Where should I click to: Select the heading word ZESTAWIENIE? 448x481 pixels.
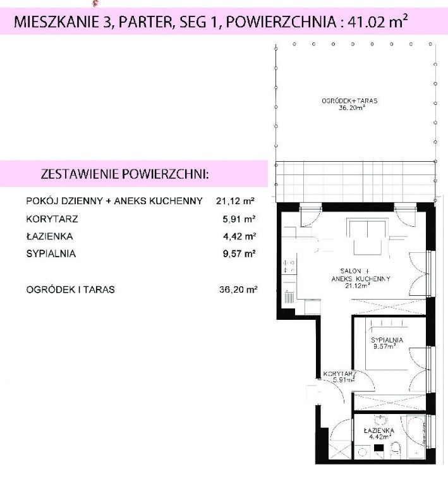pyautogui.click(x=80, y=174)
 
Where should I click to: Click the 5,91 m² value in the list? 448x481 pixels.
pyautogui.click(x=239, y=219)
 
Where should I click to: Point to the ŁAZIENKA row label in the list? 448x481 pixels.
pyautogui.click(x=49, y=236)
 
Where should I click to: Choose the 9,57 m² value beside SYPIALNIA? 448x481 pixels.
pyautogui.click(x=239, y=253)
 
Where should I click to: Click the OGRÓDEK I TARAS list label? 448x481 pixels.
pyautogui.click(x=71, y=289)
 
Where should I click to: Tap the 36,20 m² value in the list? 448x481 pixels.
pyautogui.click(x=238, y=289)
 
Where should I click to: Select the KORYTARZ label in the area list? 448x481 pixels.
pyautogui.click(x=52, y=219)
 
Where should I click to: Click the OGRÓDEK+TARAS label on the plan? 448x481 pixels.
pyautogui.click(x=349, y=100)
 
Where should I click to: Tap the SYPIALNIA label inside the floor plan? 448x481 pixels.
pyautogui.click(x=387, y=340)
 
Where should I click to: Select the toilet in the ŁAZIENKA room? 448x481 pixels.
pyautogui.click(x=396, y=449)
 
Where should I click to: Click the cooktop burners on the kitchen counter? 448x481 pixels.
pyautogui.click(x=289, y=266)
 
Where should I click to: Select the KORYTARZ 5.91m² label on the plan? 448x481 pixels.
pyautogui.click(x=340, y=377)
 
